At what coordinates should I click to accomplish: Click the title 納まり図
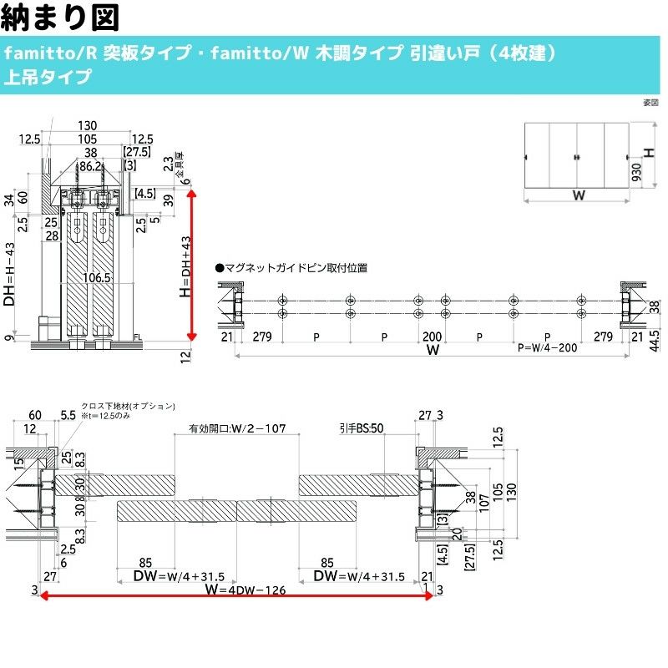(63, 17)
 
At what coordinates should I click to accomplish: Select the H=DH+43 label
(185, 266)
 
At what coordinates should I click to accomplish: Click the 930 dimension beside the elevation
(637, 173)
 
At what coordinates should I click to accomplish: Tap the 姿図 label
(651, 104)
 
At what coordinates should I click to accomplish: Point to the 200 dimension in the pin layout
(432, 337)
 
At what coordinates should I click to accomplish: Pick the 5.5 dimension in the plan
(68, 414)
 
